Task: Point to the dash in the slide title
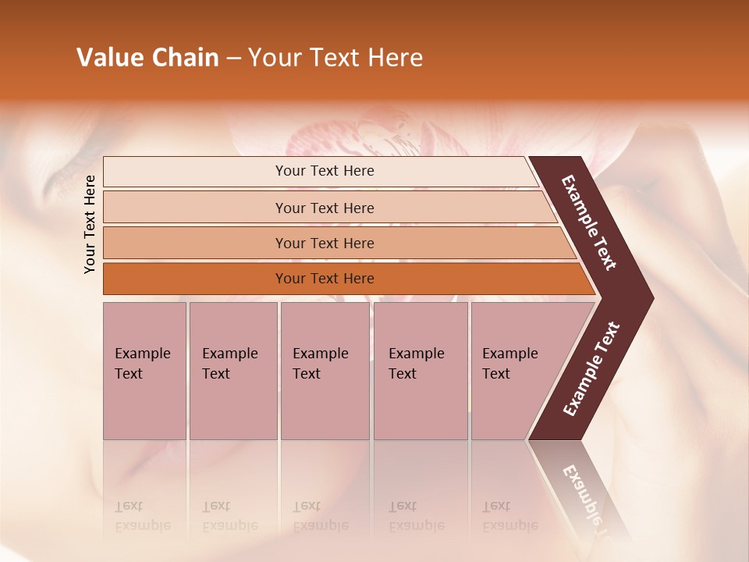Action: tap(233, 59)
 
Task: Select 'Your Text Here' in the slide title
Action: tap(335, 58)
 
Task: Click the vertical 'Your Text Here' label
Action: tap(90, 224)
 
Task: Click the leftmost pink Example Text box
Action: tap(144, 371)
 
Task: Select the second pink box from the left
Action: tap(233, 371)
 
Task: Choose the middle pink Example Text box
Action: tap(325, 371)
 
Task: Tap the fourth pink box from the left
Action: tap(421, 371)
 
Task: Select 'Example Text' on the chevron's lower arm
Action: tap(591, 368)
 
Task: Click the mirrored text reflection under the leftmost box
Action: tap(143, 516)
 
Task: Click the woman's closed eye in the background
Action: tap(74, 168)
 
